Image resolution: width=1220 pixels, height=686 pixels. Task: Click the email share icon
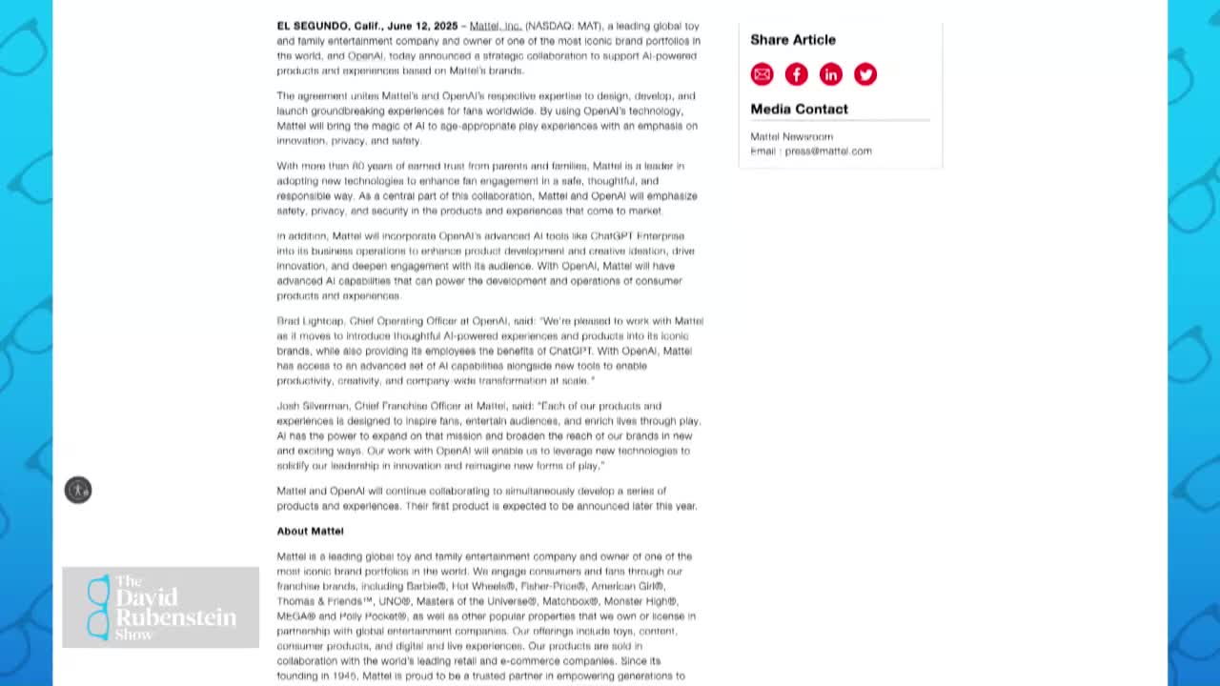coord(762,74)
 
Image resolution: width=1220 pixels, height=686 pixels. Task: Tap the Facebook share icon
coord(796,74)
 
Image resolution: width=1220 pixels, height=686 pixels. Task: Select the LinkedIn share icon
coord(830,74)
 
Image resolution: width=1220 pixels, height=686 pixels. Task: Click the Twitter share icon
coord(864,74)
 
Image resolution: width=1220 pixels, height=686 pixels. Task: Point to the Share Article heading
coord(792,40)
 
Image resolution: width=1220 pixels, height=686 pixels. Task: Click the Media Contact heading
coord(799,109)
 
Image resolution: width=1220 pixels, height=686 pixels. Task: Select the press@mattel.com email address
coord(827,151)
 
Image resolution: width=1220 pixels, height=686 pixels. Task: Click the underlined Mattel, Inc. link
coord(495,26)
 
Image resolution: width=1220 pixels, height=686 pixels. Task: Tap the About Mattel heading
coord(310,532)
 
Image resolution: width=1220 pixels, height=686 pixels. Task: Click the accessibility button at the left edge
coord(78,490)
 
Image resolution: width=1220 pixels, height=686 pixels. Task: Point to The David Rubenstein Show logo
coord(160,607)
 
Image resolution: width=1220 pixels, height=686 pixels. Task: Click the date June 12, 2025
coord(422,26)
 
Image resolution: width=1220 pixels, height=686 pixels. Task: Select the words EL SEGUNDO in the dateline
coord(312,26)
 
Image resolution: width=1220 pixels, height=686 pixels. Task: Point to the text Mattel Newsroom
coord(791,137)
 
